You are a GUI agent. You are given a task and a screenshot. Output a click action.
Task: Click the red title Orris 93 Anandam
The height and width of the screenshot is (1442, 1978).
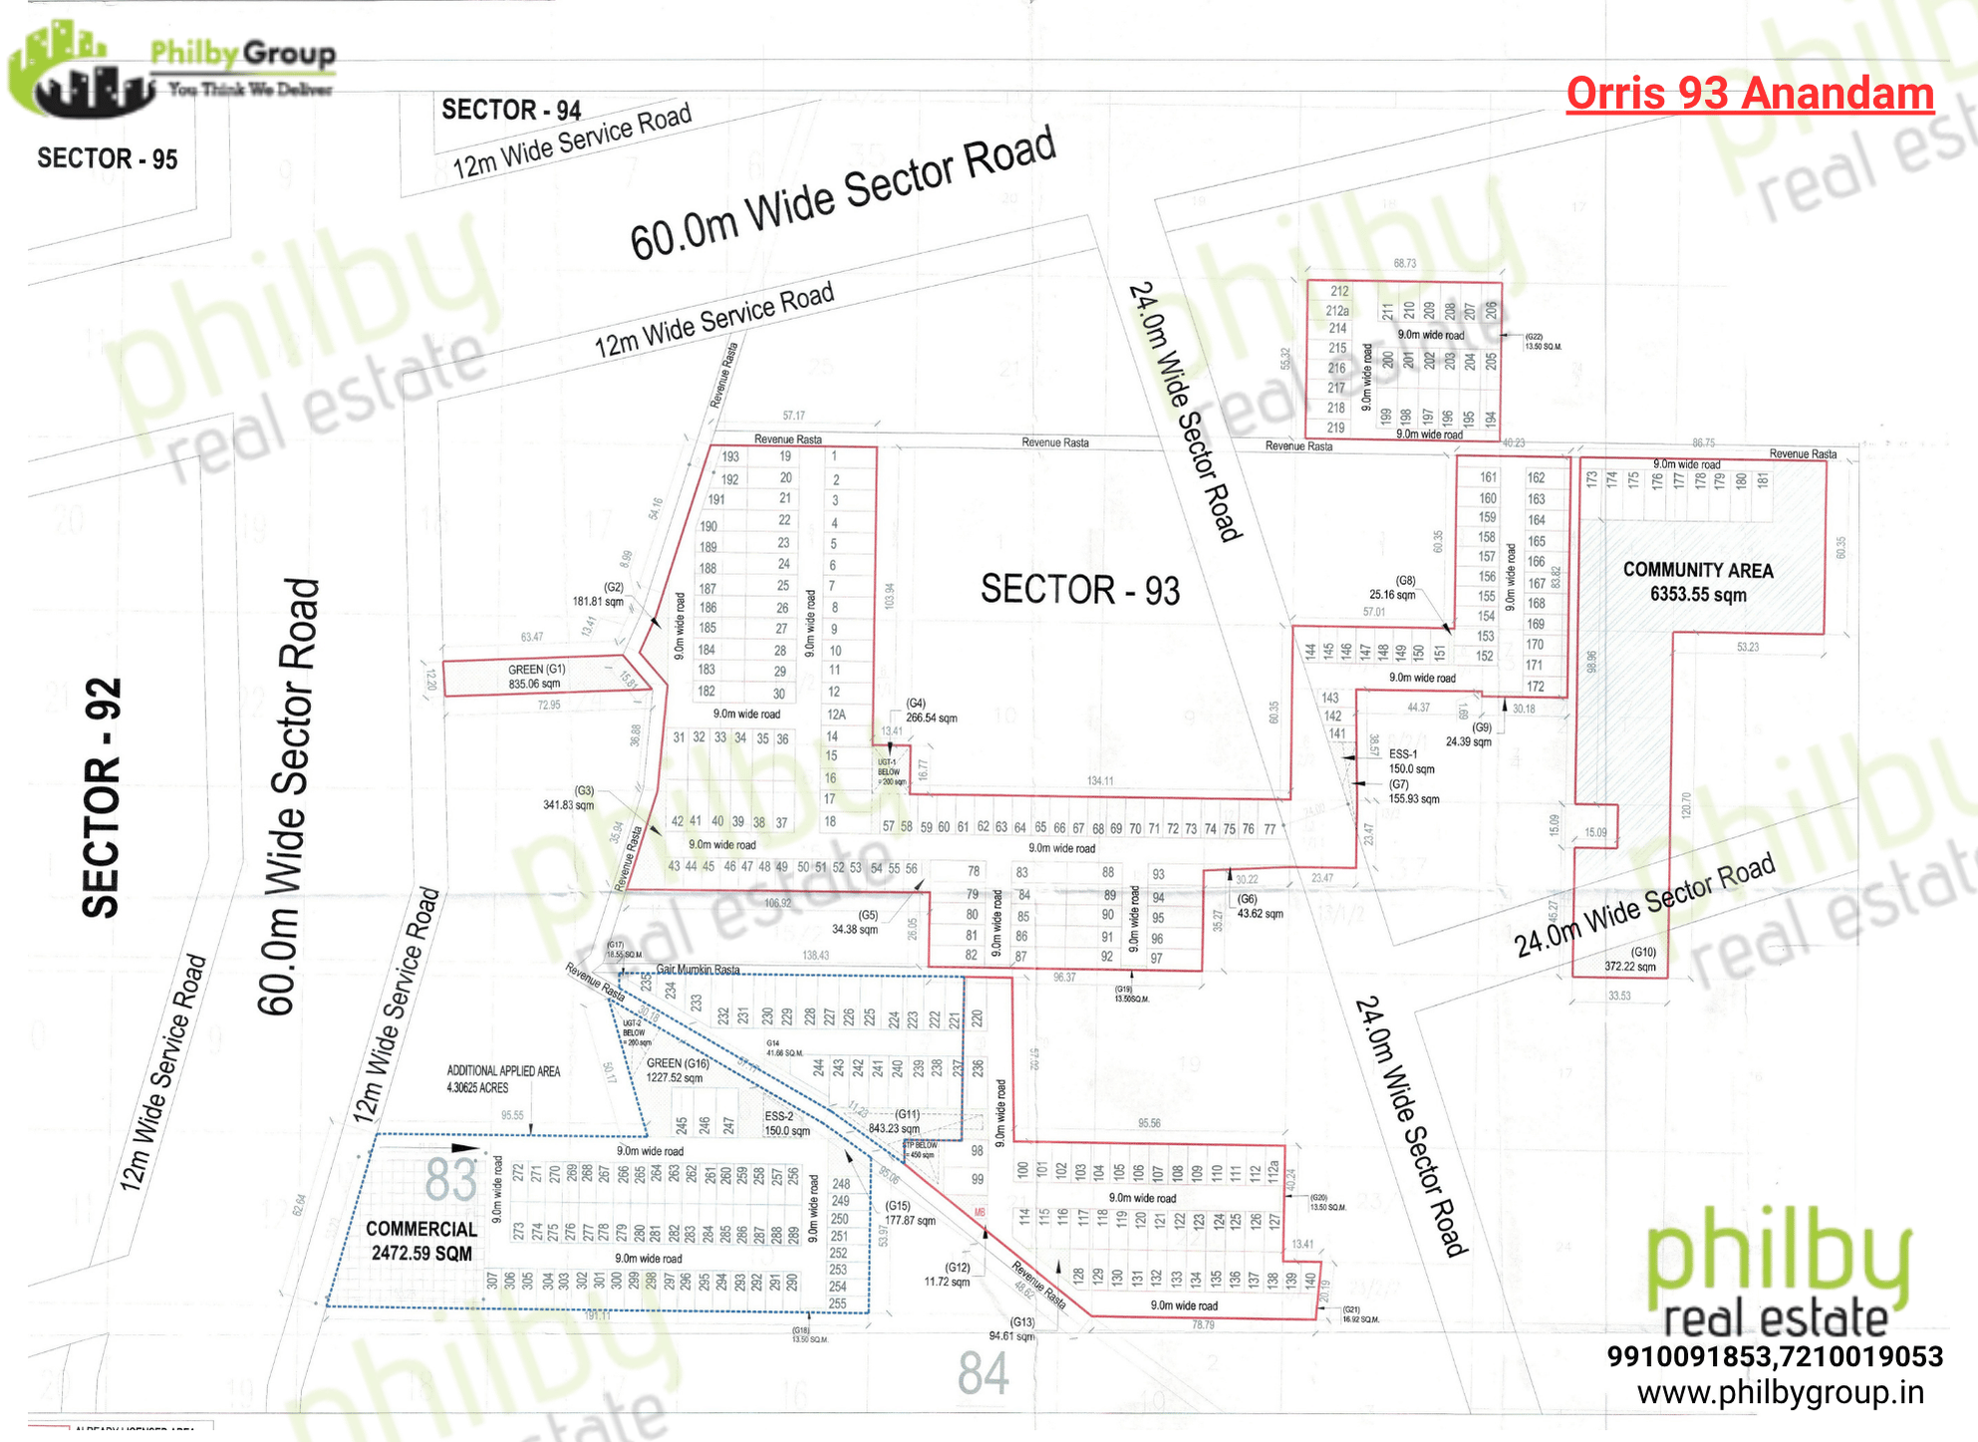[1750, 94]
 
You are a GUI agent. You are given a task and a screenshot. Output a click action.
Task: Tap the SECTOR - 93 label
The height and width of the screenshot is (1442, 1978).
[1080, 589]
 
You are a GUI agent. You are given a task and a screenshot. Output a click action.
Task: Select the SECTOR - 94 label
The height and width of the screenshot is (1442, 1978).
[511, 110]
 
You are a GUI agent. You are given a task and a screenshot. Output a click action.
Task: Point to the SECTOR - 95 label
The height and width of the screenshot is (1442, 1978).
[108, 158]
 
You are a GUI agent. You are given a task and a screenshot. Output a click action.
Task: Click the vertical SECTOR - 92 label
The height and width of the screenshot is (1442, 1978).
[102, 797]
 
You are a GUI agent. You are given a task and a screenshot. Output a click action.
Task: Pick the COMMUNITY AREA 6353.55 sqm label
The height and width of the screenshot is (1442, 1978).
[1698, 582]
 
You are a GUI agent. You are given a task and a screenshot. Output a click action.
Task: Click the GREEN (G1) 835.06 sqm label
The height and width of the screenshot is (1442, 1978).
[536, 677]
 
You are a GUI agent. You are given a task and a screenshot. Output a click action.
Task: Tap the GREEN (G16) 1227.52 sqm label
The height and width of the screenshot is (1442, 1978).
[677, 1070]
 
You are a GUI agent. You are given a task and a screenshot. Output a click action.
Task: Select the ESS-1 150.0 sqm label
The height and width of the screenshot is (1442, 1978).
[1411, 761]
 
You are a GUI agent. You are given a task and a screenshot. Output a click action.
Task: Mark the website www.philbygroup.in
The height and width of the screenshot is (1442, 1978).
[1781, 1392]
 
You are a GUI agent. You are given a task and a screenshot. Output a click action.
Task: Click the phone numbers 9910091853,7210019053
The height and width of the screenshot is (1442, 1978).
[1775, 1356]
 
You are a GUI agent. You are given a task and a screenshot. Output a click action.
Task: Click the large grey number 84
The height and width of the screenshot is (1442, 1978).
[983, 1373]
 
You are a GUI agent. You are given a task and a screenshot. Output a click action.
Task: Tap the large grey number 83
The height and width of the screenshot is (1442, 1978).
[450, 1181]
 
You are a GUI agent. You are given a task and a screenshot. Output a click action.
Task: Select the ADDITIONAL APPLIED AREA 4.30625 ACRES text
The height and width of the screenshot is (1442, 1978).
[503, 1079]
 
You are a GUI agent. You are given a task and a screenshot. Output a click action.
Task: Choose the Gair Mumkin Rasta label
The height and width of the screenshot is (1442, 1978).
[698, 970]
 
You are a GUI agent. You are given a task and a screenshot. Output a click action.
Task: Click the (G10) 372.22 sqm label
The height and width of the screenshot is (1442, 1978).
[1631, 959]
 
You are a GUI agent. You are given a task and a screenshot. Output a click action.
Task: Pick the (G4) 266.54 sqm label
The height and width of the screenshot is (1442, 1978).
[931, 711]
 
